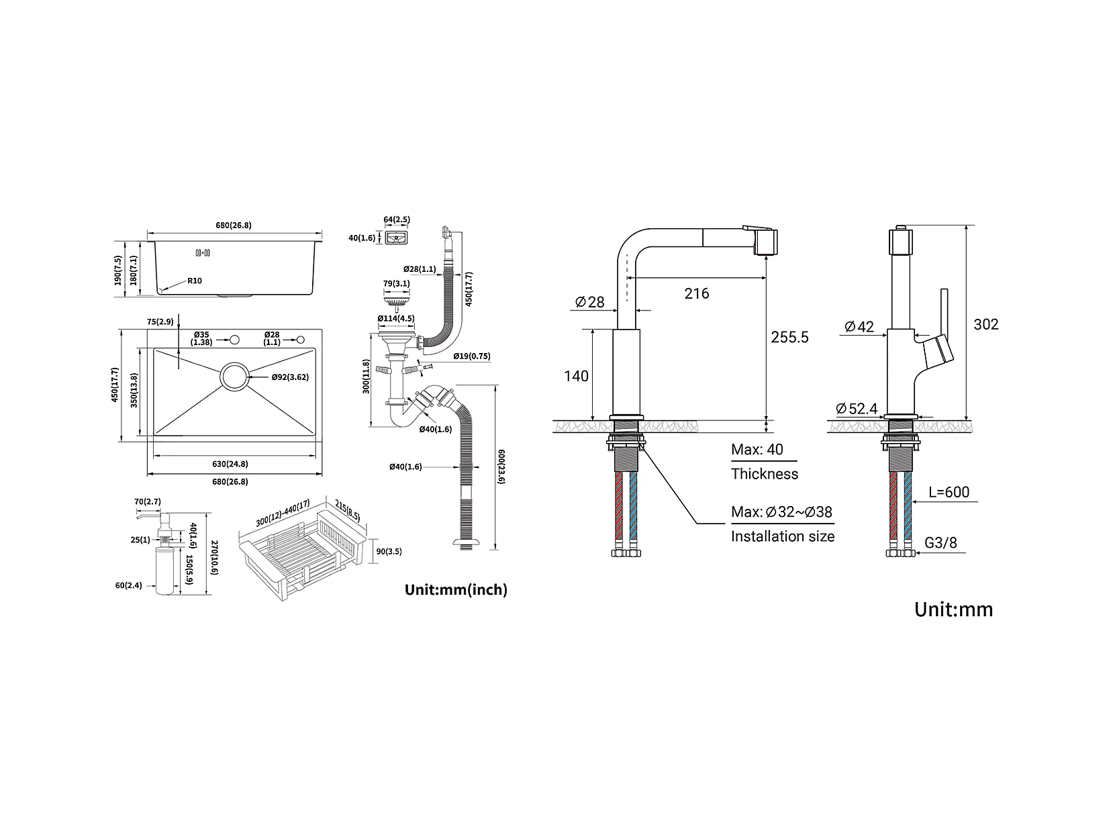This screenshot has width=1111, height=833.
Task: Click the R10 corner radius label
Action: tap(195, 281)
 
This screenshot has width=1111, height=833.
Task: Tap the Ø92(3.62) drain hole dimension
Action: tap(290, 377)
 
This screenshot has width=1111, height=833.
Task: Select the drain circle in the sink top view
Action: tap(234, 377)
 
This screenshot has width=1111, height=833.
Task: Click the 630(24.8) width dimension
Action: tap(230, 464)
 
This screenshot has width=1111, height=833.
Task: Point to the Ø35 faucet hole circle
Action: tap(234, 340)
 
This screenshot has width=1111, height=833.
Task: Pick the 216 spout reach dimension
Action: tap(696, 293)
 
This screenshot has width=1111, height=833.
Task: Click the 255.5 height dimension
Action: tap(789, 337)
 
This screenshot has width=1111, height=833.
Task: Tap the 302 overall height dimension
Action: tap(986, 324)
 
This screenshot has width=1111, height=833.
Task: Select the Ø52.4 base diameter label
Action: tap(857, 408)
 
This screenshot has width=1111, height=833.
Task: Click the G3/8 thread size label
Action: tap(940, 542)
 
